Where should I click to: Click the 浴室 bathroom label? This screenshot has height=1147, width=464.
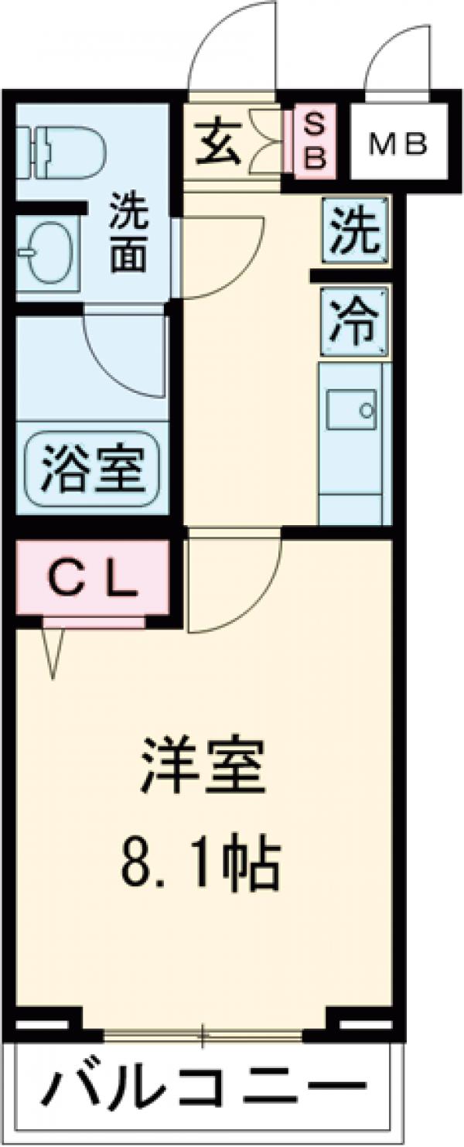point(92,466)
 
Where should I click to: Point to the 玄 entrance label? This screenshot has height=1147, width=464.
point(217,145)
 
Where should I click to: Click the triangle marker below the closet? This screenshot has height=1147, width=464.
point(53,651)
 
